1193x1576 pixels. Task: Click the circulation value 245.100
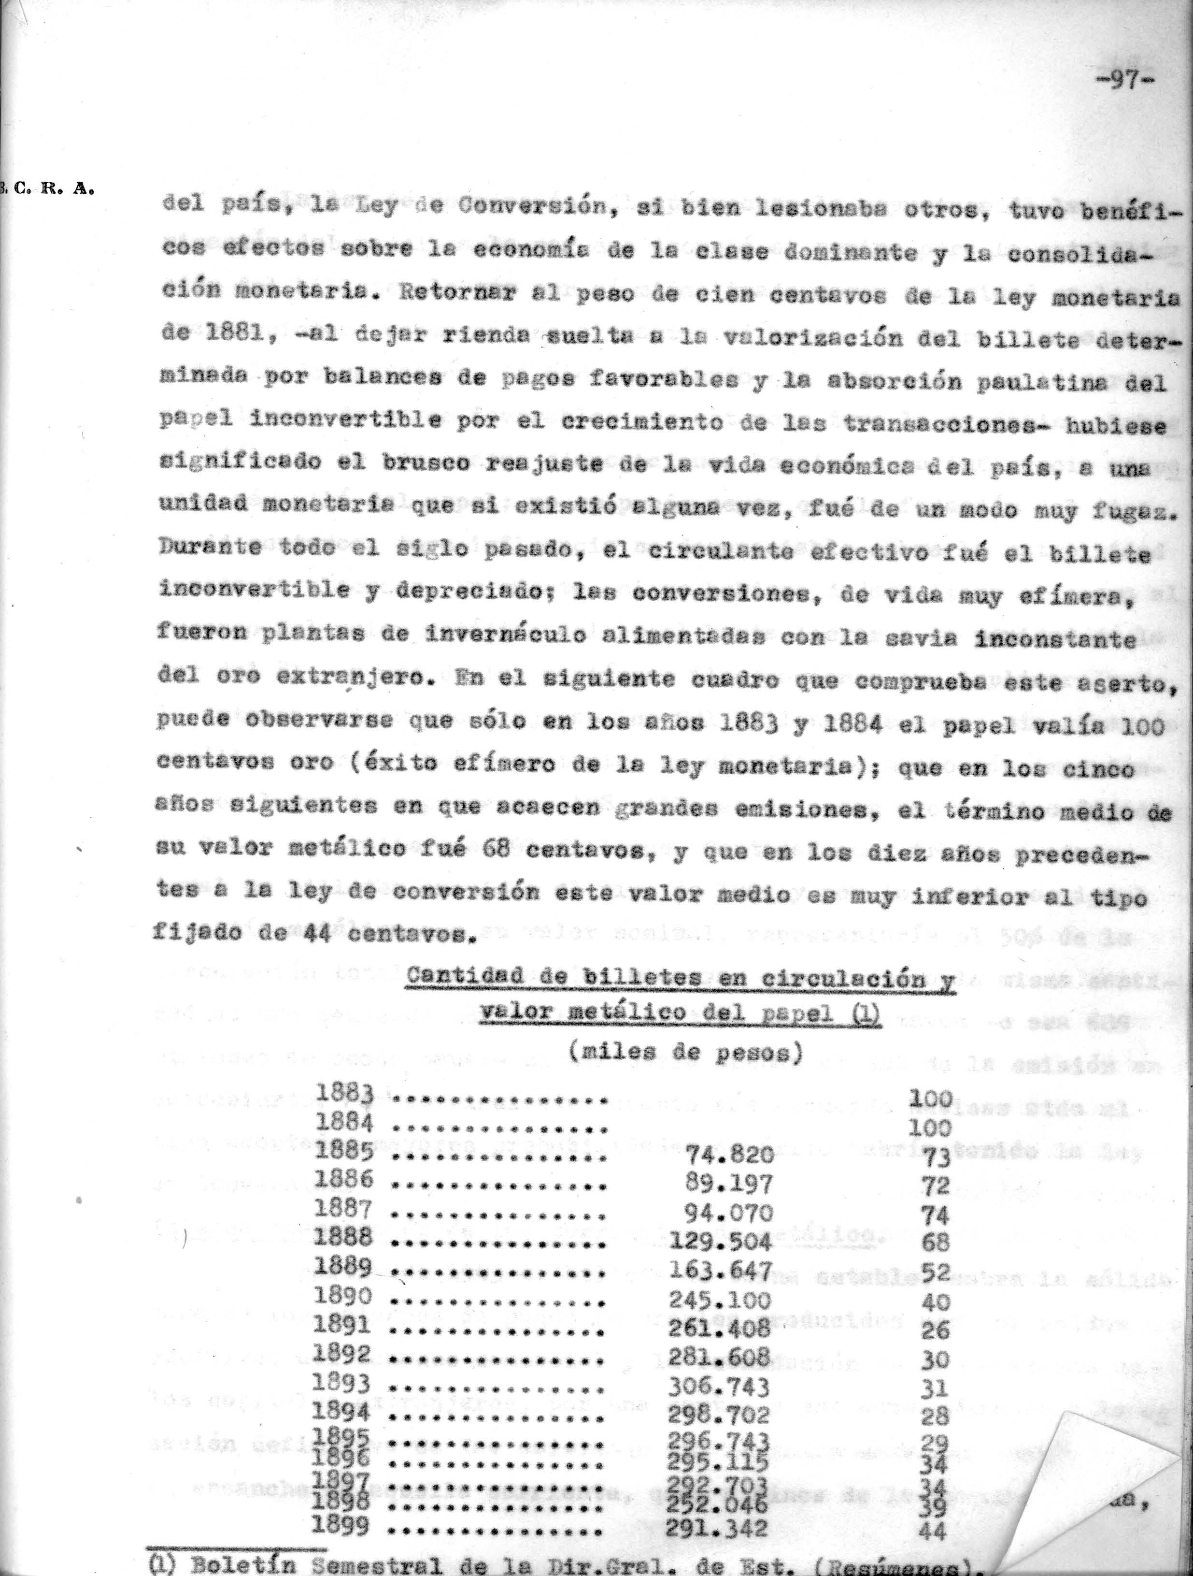point(720,1300)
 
